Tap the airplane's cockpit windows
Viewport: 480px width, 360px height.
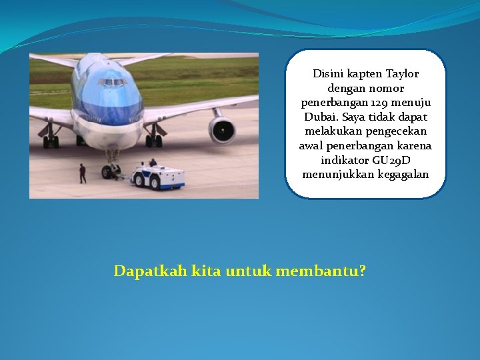coord(112,82)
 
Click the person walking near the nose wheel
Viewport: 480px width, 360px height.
coord(83,173)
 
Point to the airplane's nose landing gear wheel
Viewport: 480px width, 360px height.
coord(109,171)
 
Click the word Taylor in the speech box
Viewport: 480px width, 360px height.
coord(403,73)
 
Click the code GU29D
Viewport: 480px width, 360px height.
coord(391,161)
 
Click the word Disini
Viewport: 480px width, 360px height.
coord(329,73)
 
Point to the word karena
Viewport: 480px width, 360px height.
coord(414,146)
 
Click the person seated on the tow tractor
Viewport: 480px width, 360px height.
coord(153,162)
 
